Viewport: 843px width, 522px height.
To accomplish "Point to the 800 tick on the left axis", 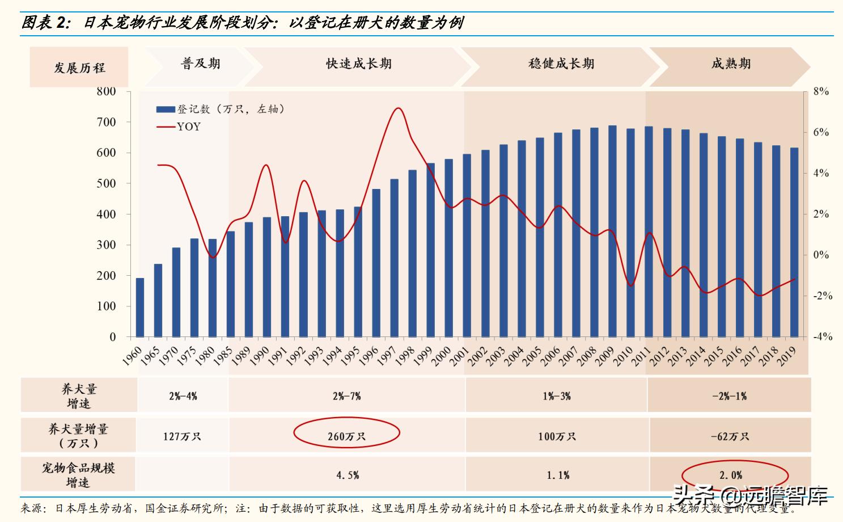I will [106, 91].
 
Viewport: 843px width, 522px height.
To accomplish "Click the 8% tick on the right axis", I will [820, 91].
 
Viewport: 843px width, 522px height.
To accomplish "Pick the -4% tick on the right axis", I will [822, 336].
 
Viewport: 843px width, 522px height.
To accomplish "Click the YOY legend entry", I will [188, 127].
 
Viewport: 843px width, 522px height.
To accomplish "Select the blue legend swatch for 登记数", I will [166, 109].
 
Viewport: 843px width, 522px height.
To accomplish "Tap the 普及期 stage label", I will [200, 64].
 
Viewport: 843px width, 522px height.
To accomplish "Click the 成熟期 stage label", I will [731, 64].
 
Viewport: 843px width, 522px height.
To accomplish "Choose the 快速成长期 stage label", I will [358, 64].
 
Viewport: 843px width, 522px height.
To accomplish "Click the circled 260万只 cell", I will [346, 436].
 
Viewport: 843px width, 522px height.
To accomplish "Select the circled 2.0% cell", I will [731, 475].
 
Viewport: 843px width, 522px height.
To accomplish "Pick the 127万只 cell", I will [182, 436].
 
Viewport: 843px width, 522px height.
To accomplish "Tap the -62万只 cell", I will [730, 436].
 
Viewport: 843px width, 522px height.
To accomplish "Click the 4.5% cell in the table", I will [348, 475].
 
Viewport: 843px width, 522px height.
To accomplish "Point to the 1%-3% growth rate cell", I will [556, 396].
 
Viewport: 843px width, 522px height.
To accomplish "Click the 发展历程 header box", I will [79, 68].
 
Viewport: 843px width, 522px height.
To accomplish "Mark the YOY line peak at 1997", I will [399, 108].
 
